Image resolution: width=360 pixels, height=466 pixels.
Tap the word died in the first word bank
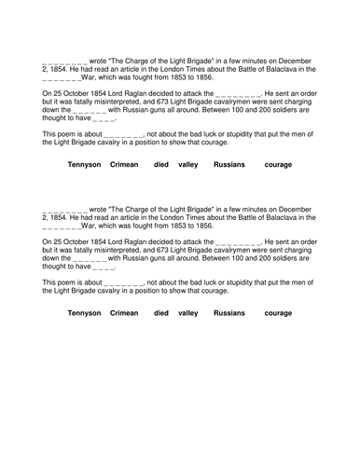pyautogui.click(x=161, y=164)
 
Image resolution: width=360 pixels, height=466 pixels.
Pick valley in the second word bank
pyautogui.click(x=188, y=313)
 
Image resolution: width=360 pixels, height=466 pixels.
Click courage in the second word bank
pyautogui.click(x=278, y=313)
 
